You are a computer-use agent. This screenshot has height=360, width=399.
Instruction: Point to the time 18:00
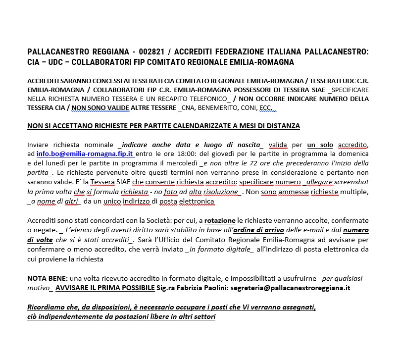coord(186,154)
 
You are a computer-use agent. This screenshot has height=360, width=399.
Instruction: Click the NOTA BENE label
coord(47,278)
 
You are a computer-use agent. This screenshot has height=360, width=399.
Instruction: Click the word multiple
coord(353,192)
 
